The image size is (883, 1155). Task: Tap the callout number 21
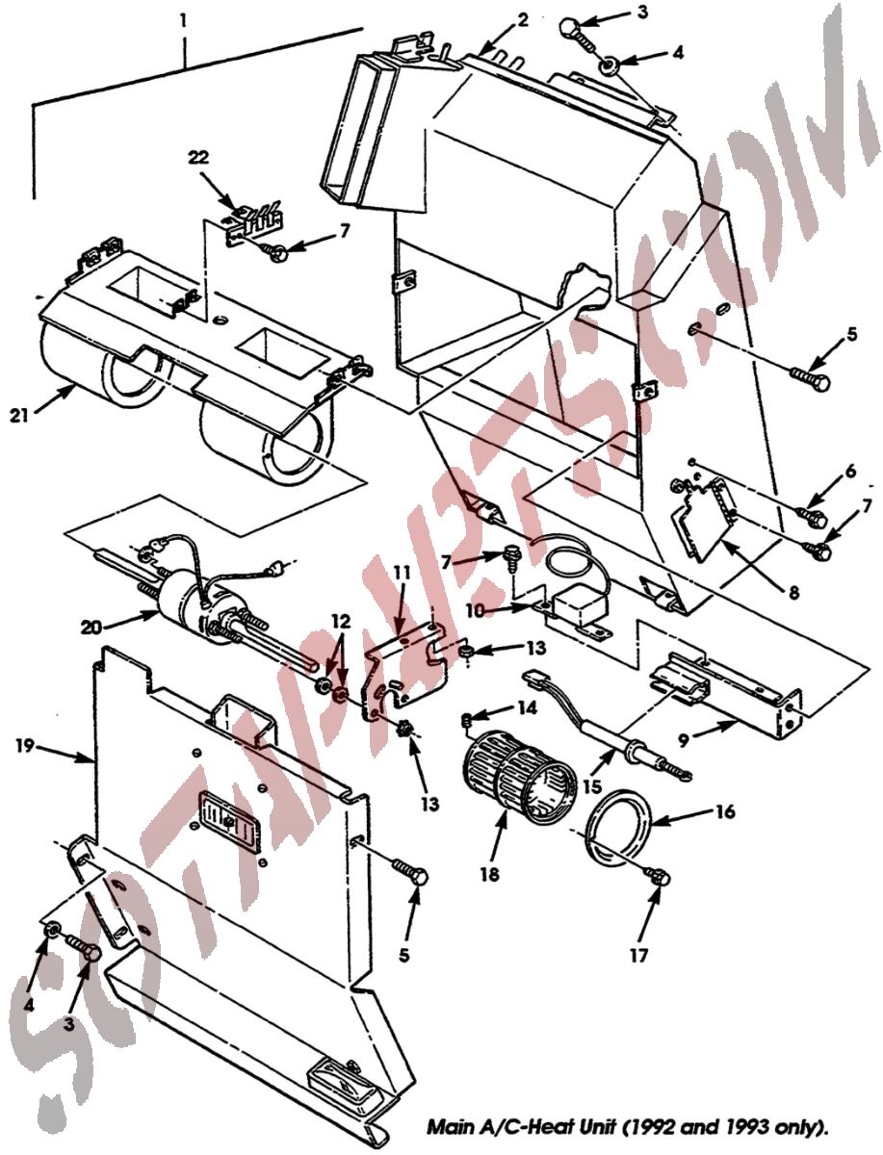(x=20, y=416)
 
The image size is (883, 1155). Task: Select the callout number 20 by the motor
(x=91, y=627)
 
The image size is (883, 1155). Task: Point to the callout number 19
(x=25, y=746)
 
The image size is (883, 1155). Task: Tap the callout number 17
(x=638, y=955)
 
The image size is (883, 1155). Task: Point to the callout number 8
(x=793, y=593)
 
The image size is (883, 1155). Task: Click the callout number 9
(x=684, y=741)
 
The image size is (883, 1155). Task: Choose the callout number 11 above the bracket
(x=403, y=573)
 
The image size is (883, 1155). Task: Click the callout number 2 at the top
(x=522, y=20)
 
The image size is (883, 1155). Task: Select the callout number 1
(x=183, y=21)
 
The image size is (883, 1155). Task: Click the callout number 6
(x=850, y=471)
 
